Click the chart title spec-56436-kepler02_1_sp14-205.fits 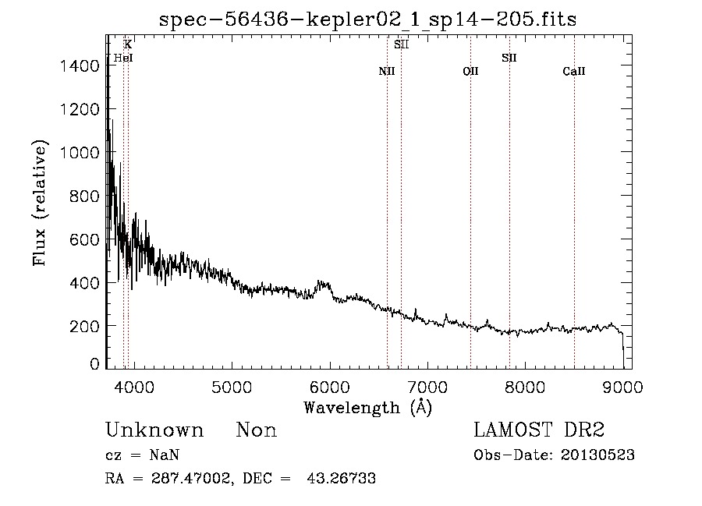(367, 19)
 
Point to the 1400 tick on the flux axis (80, 66)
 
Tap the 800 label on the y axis (83, 196)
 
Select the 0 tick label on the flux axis (94, 363)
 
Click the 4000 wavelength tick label (134, 387)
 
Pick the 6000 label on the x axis (329, 387)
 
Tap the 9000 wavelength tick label (622, 387)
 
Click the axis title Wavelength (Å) (367, 408)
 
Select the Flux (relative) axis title (40, 203)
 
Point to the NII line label (387, 71)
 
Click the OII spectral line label (470, 71)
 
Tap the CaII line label (574, 71)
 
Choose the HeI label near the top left (123, 58)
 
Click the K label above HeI (128, 44)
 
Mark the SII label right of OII (509, 58)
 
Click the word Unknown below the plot (154, 430)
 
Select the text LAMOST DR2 (539, 430)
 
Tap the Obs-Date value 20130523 (597, 455)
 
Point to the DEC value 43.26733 (341, 478)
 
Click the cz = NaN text (143, 455)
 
